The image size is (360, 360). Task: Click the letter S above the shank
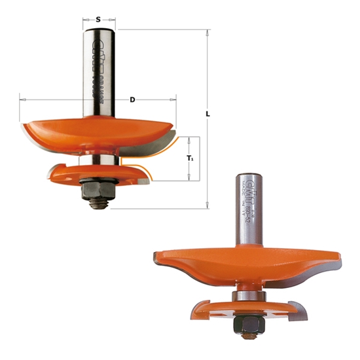98,19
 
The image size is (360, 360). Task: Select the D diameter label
132,99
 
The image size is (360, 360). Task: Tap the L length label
208,114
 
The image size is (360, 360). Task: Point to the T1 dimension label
189,158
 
